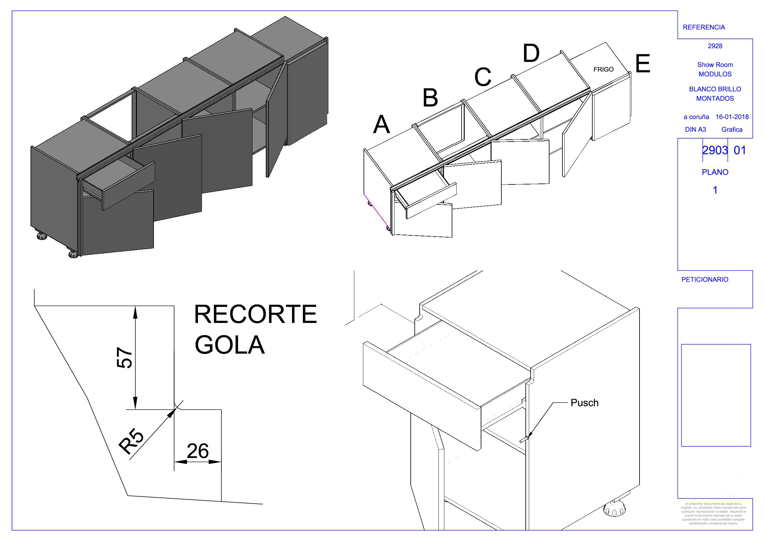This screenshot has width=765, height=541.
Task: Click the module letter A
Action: click(x=381, y=124)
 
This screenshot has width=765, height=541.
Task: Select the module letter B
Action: click(x=430, y=98)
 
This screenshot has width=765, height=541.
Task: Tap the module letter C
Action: click(x=483, y=77)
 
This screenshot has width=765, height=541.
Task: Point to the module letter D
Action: click(x=531, y=53)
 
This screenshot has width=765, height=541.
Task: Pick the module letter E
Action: click(x=643, y=64)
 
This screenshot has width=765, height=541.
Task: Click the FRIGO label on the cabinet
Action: click(x=603, y=69)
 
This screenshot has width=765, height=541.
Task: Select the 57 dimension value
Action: click(x=125, y=358)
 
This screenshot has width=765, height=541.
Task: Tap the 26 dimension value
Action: click(x=198, y=451)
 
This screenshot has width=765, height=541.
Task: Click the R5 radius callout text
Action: click(x=132, y=442)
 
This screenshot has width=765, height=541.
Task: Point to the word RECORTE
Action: click(x=255, y=314)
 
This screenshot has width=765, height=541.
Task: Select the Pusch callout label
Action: click(x=584, y=403)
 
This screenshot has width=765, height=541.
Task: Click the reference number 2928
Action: click(x=715, y=46)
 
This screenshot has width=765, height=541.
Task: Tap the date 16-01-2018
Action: click(x=732, y=117)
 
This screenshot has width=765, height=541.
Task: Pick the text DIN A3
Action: click(x=695, y=130)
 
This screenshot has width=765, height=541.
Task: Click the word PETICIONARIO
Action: click(x=705, y=280)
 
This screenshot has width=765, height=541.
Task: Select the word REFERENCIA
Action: click(x=704, y=27)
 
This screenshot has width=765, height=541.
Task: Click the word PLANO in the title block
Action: click(x=715, y=172)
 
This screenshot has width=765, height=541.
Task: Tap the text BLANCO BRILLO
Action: click(x=715, y=89)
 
